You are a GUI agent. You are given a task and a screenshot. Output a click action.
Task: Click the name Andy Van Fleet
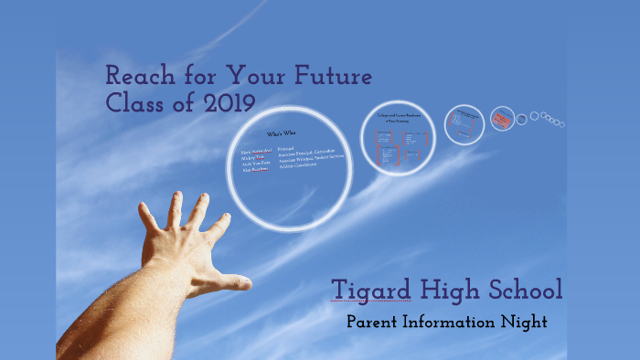pyautogui.click(x=256, y=164)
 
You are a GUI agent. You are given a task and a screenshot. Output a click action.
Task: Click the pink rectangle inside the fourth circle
pyautogui.click(x=501, y=119)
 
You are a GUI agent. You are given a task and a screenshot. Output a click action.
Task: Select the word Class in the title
pyautogui.click(x=138, y=102)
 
